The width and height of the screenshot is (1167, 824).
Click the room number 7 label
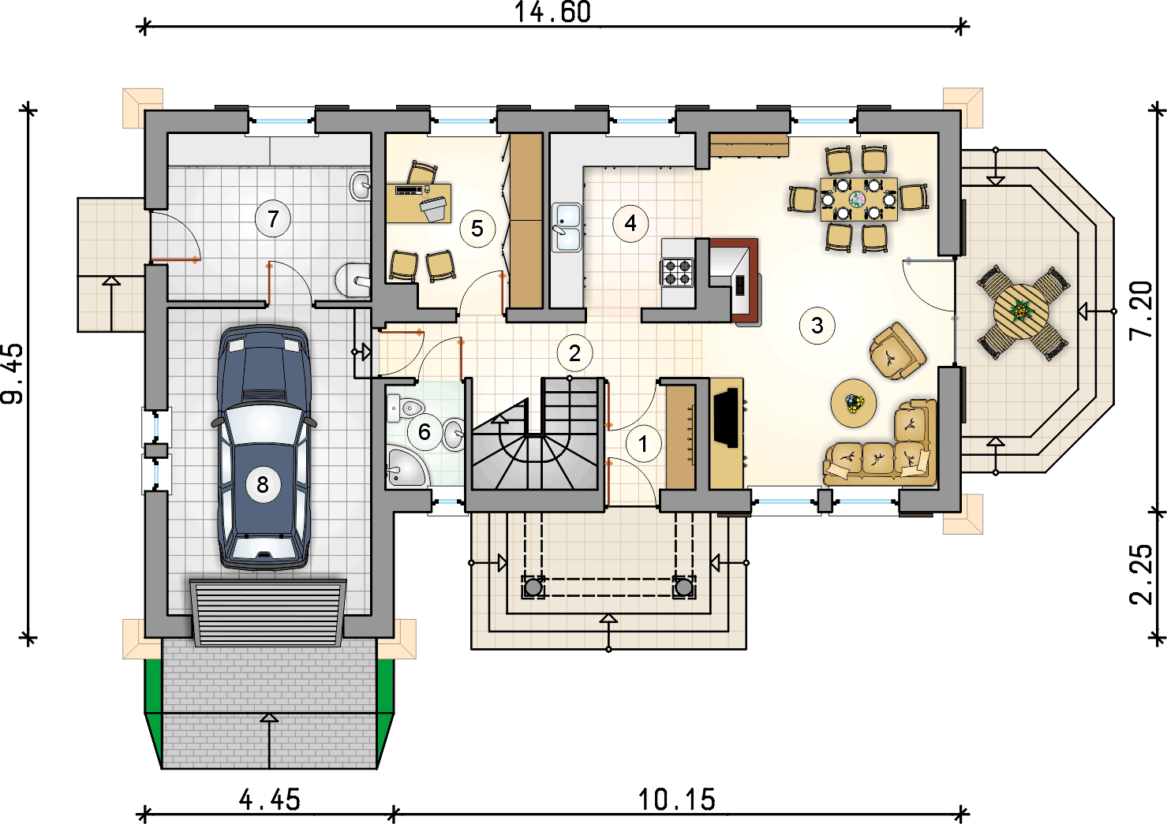point(272,219)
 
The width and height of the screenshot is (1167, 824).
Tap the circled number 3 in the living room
point(817,326)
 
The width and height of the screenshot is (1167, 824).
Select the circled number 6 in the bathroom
point(425,431)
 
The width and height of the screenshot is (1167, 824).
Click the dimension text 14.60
point(553,13)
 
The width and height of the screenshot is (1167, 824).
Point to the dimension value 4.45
point(270,800)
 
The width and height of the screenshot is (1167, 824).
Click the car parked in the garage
point(264,448)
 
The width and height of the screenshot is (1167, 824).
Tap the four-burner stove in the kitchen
point(677,272)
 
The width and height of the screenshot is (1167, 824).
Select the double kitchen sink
point(567,227)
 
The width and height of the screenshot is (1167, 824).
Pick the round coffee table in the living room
point(854,403)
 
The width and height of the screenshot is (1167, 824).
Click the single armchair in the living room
point(897,351)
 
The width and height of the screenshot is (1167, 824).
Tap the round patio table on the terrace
point(1021,311)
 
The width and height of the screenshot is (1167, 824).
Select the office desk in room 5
point(418,203)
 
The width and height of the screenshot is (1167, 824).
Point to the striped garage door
point(267,613)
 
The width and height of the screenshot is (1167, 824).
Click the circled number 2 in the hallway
point(574,353)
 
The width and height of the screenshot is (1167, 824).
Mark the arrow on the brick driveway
point(269,740)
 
